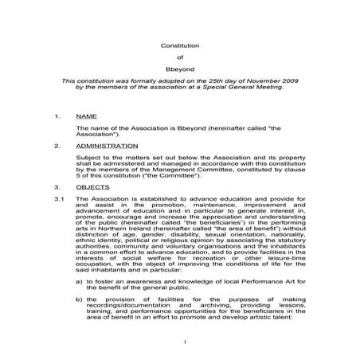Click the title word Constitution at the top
[179, 45]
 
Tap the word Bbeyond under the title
[179, 68]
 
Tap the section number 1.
[57, 116]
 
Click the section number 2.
[57, 147]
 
